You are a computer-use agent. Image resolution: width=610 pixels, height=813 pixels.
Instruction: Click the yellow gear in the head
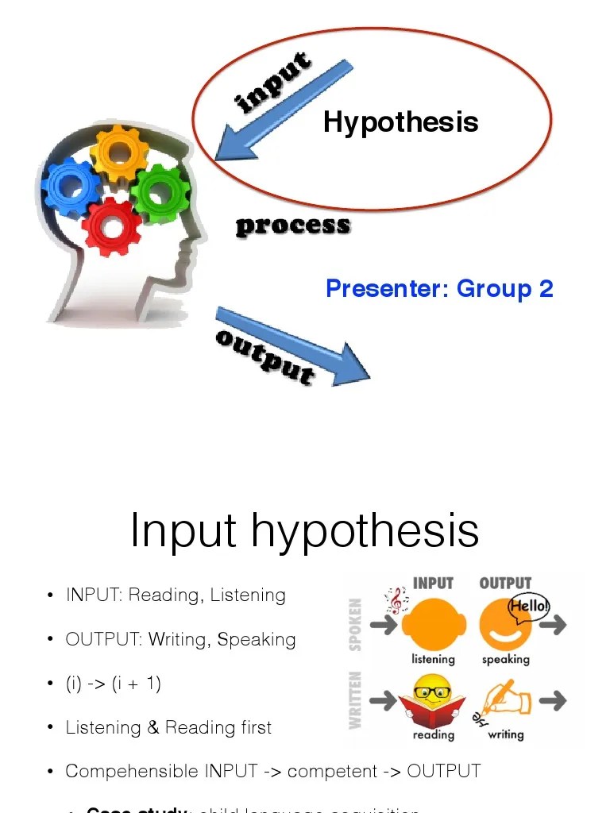point(119,152)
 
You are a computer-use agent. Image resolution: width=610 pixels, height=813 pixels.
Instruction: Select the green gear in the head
point(160,192)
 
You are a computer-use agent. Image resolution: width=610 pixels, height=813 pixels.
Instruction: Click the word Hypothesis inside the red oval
point(400,122)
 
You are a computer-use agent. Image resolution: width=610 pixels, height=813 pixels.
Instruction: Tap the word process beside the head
point(292,225)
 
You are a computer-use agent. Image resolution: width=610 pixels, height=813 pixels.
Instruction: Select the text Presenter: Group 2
point(439,288)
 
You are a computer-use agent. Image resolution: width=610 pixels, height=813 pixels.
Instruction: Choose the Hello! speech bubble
point(528,607)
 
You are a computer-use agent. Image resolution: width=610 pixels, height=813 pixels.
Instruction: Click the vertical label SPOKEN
point(355,625)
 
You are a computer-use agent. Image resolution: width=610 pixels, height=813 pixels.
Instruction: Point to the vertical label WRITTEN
point(355,699)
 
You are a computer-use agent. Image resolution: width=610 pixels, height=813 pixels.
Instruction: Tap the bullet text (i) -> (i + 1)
point(114,684)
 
